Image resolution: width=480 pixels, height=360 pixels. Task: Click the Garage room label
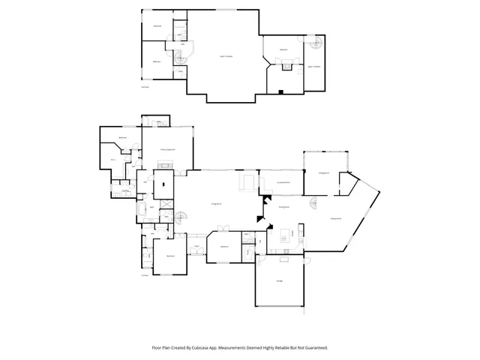click(x=279, y=281)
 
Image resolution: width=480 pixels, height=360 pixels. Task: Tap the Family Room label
click(x=336, y=218)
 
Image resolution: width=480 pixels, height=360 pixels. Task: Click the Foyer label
click(x=197, y=246)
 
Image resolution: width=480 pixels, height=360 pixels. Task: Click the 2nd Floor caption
click(x=145, y=87)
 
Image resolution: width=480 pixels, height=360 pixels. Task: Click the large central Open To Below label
click(x=224, y=56)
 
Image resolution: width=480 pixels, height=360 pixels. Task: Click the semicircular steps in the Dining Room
click(x=314, y=204)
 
